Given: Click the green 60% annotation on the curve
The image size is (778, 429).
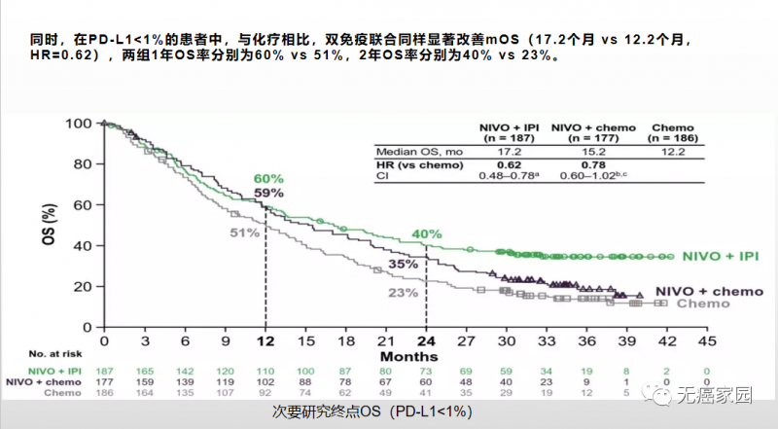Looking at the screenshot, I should [x=268, y=180].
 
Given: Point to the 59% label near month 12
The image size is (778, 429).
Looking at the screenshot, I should [x=268, y=194].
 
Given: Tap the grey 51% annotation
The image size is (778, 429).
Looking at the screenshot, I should [x=244, y=232].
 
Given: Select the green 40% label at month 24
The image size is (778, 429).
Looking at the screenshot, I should [x=426, y=234].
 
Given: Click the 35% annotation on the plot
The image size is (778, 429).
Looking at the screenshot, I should [x=403, y=264].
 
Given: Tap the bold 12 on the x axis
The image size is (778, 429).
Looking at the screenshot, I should [x=265, y=341].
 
